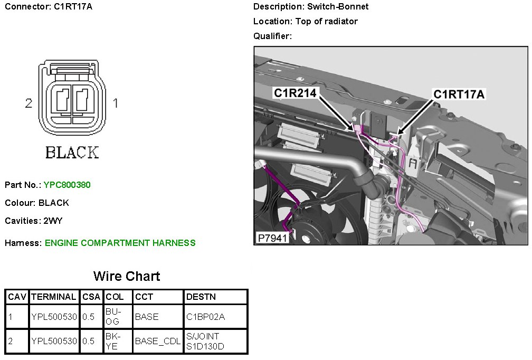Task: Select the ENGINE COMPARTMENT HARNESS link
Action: tap(120, 243)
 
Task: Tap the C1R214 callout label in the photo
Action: tap(295, 93)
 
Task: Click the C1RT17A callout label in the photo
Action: tap(459, 94)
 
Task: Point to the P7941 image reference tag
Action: tap(272, 238)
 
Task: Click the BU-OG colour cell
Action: tap(113, 317)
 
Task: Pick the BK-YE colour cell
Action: tap(113, 341)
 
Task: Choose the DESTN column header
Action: tap(201, 297)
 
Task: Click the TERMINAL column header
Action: tap(54, 297)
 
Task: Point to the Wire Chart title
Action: tap(127, 276)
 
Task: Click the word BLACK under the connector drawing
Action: tap(72, 153)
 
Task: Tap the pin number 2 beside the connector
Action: tap(28, 103)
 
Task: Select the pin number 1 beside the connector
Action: tap(116, 103)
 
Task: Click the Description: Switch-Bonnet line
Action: tap(311, 7)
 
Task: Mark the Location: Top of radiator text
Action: tap(305, 22)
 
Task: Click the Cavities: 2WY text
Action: tap(34, 221)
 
